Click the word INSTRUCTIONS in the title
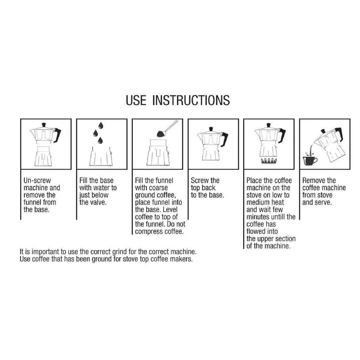tap(191, 100)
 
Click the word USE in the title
tap(136, 100)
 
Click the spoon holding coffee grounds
tap(167, 130)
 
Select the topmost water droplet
tap(101, 125)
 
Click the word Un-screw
tap(37, 181)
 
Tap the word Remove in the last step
tap(313, 181)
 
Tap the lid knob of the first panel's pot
tap(44, 124)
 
